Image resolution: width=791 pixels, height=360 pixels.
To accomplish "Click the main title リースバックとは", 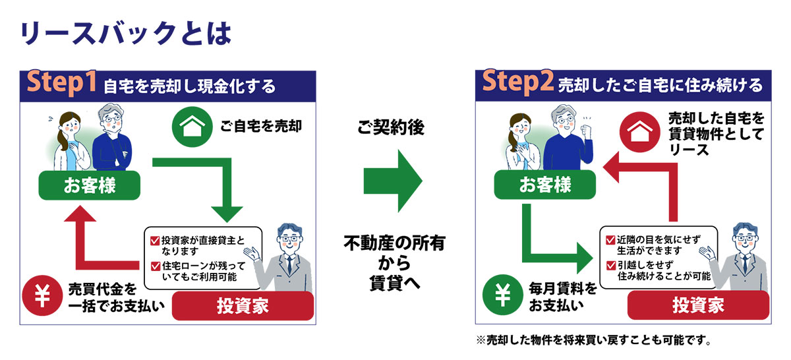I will coord(125,34).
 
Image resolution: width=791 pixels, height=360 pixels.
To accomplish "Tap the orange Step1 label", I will coord(62,84).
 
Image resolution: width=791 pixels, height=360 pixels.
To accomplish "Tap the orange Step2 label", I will coord(518,84).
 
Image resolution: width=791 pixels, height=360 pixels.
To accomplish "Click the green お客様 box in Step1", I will coord(90,187).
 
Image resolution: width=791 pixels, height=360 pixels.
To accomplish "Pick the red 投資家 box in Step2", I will coord(698,306).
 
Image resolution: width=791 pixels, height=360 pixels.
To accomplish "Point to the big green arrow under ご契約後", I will coord(393,180).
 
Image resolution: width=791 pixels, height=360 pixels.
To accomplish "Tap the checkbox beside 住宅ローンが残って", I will coord(155,266).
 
